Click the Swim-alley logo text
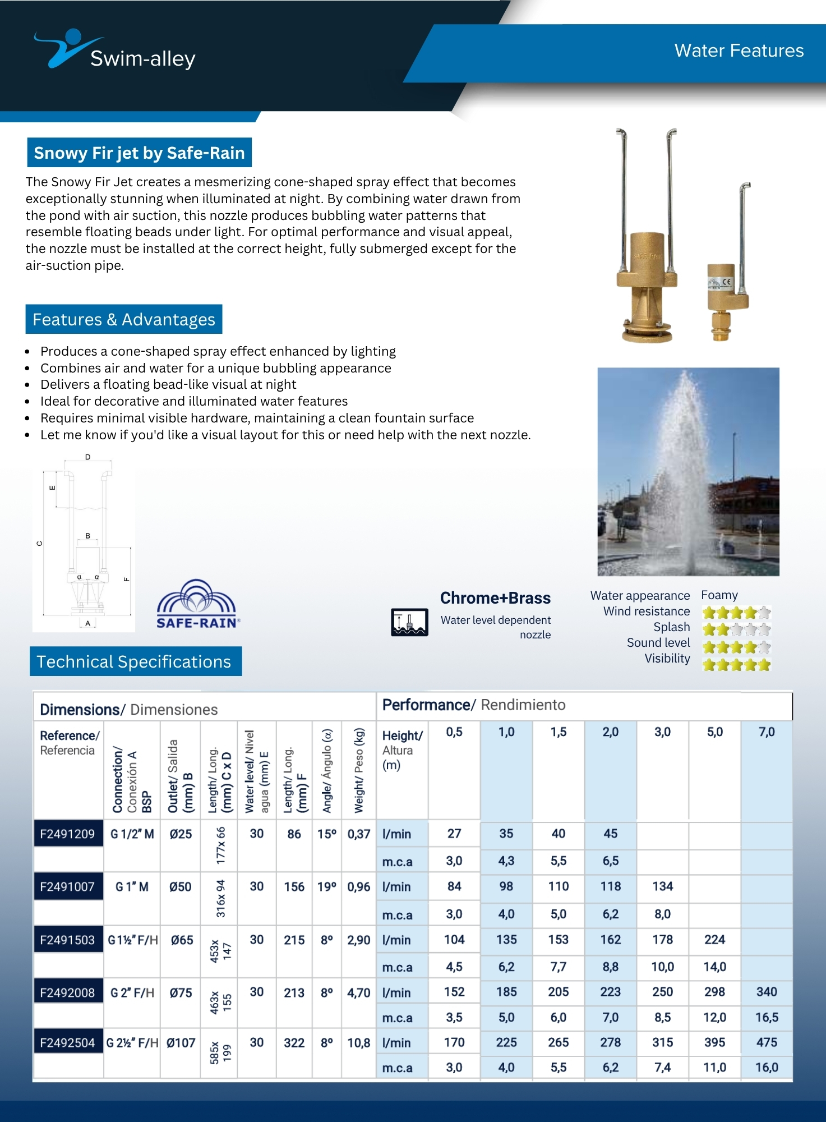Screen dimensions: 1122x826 pos(142,58)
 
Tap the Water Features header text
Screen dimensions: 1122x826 pos(739,50)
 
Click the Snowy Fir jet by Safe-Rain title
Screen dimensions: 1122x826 pos(139,153)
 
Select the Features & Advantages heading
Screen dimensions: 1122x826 pos(124,319)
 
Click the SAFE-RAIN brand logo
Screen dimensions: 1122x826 pos(197,605)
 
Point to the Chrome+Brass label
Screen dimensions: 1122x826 pos(495,598)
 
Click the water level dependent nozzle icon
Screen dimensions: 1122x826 pos(409,622)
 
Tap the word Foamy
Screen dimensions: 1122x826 pos(719,595)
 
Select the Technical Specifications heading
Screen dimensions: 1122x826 pos(134,661)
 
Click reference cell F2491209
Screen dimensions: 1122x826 pos(67,834)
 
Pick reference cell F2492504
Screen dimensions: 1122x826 pos(67,1043)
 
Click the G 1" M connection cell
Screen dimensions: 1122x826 pos(132,887)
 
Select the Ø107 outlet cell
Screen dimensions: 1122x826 pos(181,1043)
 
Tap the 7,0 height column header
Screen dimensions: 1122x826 pos(766,732)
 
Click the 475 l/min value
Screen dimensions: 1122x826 pos(766,1042)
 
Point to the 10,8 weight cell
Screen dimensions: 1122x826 pos(359,1043)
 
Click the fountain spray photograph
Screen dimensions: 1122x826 pos(688,471)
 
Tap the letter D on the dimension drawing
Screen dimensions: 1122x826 pos(87,457)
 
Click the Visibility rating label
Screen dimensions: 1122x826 pos(667,659)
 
